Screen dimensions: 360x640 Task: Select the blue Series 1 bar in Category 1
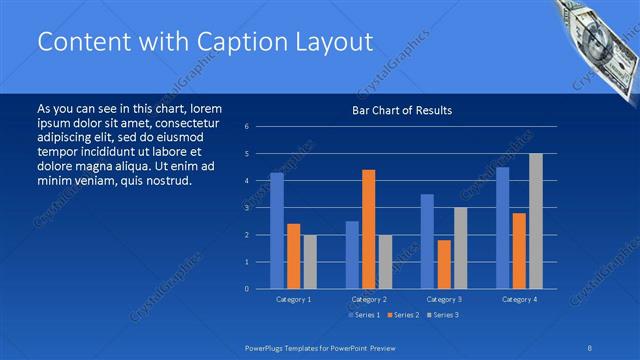(277, 230)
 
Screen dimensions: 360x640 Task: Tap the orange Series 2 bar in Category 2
(368, 229)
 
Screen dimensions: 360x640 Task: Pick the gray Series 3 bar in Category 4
(536, 221)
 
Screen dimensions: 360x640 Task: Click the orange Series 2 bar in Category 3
(443, 264)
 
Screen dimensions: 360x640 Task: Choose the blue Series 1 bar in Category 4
(502, 227)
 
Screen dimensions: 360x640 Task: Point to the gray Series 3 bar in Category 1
(310, 261)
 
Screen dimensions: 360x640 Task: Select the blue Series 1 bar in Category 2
(352, 254)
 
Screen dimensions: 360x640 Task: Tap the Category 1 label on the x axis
(293, 299)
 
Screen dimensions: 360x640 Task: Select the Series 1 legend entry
(364, 315)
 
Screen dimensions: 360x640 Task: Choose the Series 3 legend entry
(444, 315)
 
